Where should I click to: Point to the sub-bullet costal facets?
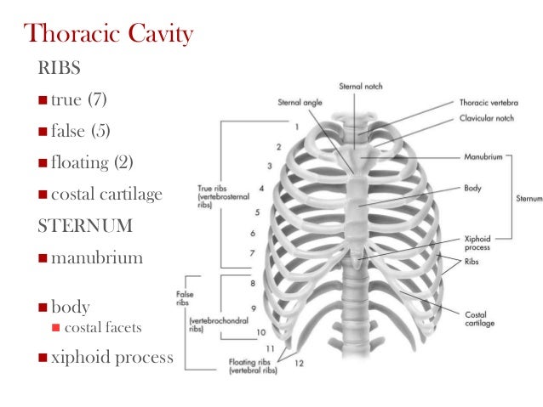point(104,328)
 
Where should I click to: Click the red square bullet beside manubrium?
point(43,257)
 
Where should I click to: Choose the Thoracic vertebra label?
point(489,102)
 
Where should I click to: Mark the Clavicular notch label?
point(485,118)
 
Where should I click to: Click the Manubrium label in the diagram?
point(482,157)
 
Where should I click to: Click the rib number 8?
point(253,284)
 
